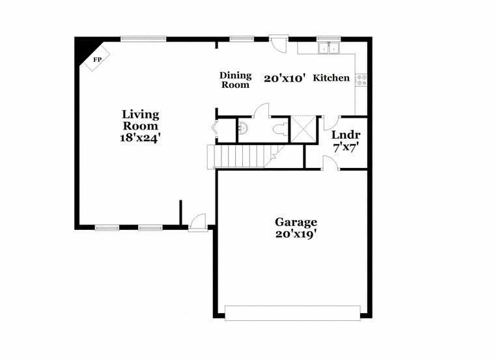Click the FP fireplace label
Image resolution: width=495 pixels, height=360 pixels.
coord(97,59)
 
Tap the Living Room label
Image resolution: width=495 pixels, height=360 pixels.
coord(141,120)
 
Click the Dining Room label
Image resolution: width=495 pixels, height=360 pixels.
coord(236,80)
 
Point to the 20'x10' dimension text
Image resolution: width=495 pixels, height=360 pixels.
coord(285,78)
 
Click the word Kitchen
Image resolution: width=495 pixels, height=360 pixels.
coord(331,77)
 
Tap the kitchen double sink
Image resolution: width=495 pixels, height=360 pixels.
coord(329,48)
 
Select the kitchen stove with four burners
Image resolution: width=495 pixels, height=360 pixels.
coord(361,79)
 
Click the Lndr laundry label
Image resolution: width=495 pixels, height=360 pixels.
coord(346,135)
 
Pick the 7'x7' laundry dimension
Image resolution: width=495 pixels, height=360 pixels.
coord(346,147)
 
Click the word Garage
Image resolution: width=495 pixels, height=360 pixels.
coord(296,223)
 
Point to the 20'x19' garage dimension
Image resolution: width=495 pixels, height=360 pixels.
coord(296,234)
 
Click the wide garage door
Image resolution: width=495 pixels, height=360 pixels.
coord(292,313)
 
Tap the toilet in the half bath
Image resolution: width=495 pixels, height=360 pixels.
coord(280,130)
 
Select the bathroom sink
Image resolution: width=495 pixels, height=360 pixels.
coord(243,128)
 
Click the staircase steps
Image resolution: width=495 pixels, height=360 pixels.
coord(242,156)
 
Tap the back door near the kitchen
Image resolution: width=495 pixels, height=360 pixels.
coord(278,44)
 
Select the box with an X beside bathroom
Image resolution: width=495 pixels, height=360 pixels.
coord(303,130)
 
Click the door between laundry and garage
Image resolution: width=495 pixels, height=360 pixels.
coord(330,163)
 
